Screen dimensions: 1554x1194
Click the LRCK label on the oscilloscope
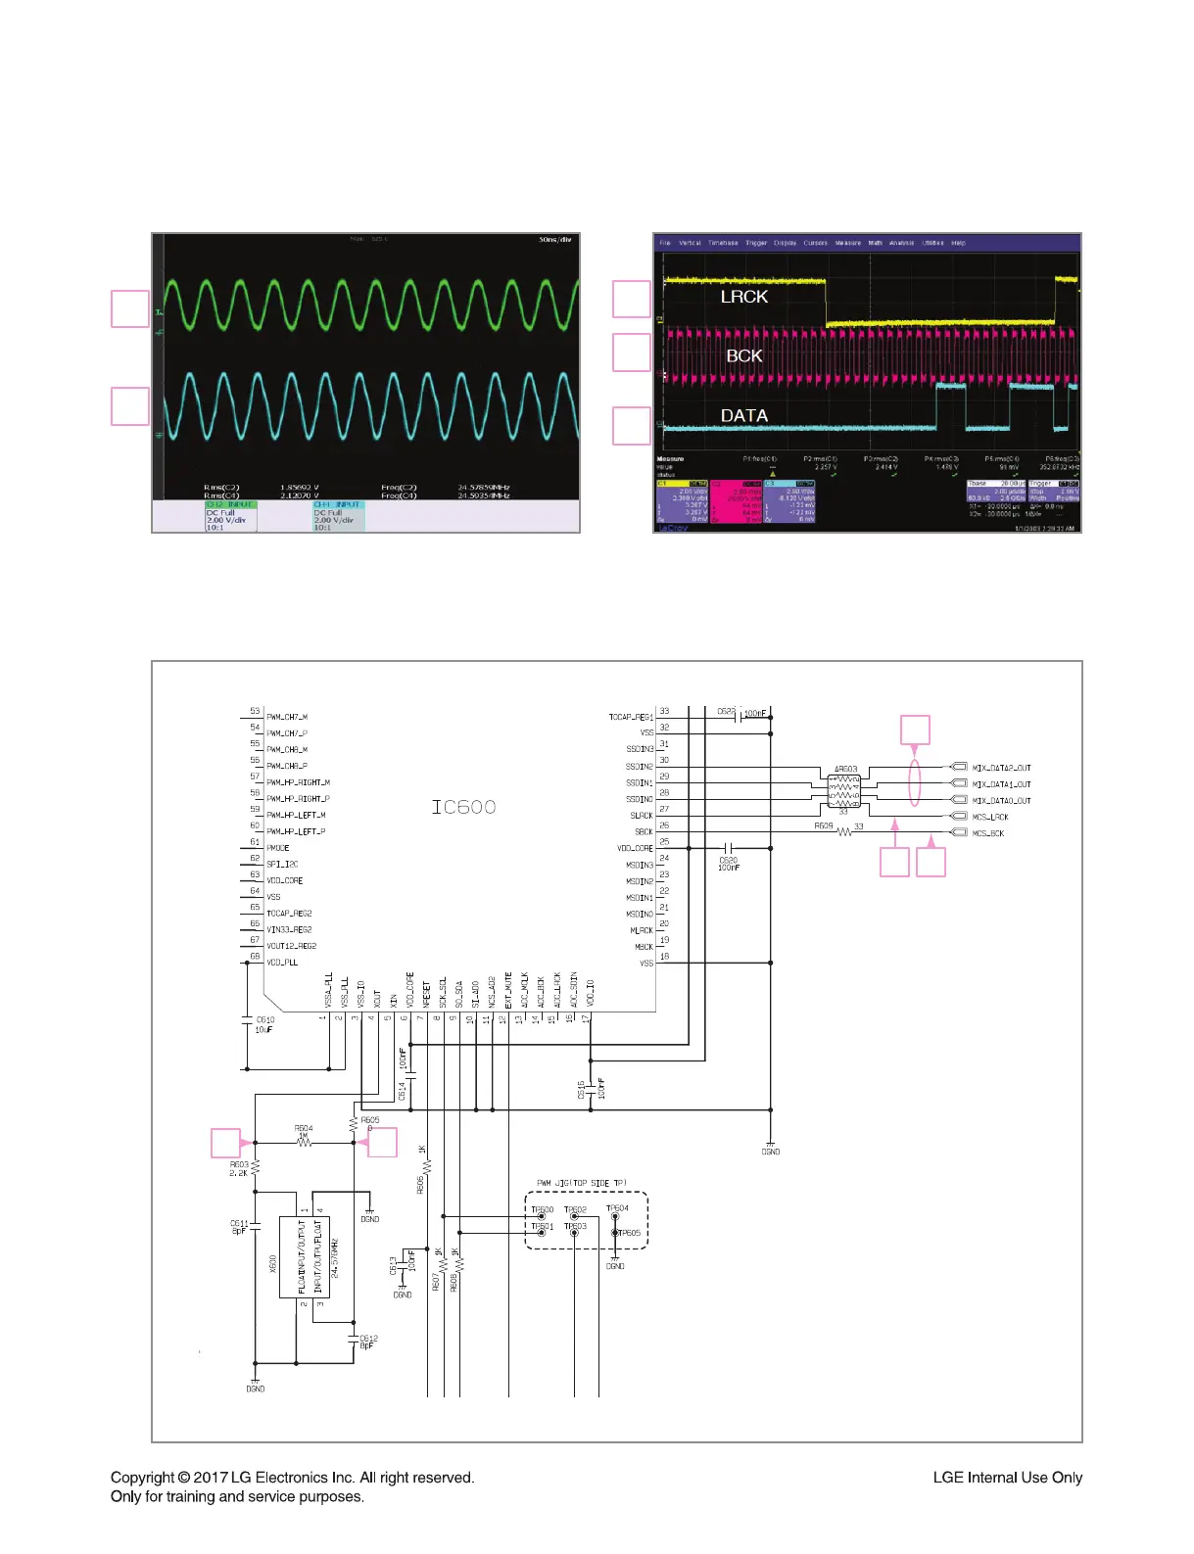point(743,296)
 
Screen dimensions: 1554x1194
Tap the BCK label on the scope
point(743,355)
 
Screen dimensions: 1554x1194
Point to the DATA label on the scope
point(743,415)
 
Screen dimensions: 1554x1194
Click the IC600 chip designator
point(463,807)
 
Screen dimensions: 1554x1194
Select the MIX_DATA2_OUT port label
point(1001,768)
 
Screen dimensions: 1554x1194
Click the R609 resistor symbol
point(842,833)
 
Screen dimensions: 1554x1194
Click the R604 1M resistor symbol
point(304,1142)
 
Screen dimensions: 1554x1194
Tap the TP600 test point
point(542,1217)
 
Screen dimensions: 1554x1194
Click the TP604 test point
point(615,1216)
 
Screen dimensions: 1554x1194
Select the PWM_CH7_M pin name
point(287,717)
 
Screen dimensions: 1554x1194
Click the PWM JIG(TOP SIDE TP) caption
point(582,1184)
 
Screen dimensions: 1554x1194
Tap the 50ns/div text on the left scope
point(554,239)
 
